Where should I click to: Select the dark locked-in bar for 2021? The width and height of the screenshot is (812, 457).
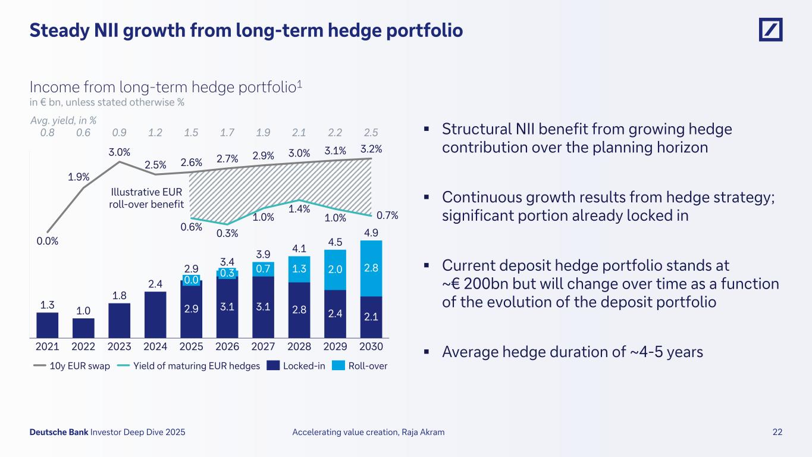(48, 324)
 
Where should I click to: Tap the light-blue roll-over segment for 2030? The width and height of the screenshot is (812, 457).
(371, 268)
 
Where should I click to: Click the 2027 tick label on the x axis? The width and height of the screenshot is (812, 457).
(264, 346)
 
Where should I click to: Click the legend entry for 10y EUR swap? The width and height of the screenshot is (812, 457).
(71, 366)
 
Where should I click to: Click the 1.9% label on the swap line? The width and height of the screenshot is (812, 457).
(79, 176)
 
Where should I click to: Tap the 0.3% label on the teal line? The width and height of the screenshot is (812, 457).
(228, 234)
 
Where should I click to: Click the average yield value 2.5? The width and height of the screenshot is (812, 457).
(371, 132)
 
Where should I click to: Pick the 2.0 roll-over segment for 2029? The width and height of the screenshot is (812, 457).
(336, 269)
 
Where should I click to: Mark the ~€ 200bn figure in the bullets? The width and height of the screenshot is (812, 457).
(476, 283)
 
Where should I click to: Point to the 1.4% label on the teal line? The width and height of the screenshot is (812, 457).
(299, 209)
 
